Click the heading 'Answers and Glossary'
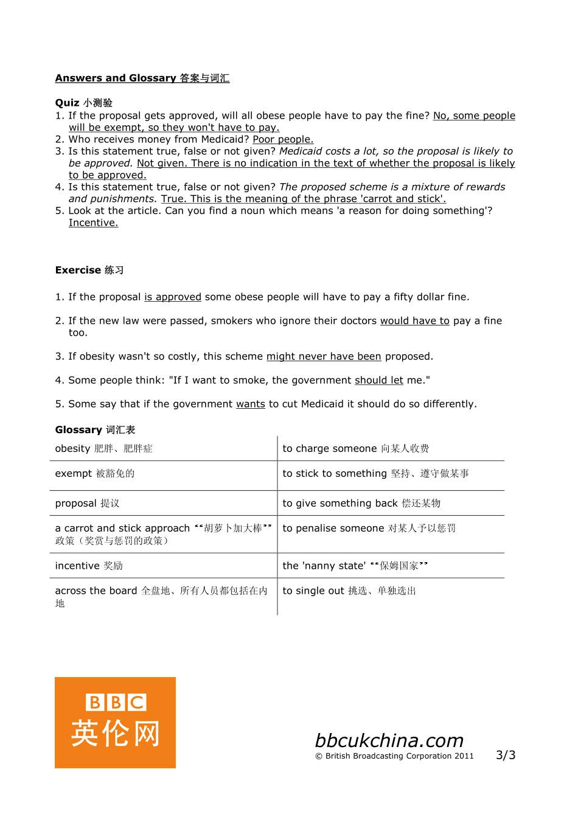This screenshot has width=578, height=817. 142,78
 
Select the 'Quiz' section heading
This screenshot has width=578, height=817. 83,103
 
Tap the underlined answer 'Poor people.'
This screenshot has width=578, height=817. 283,139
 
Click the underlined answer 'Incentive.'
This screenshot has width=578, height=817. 93,223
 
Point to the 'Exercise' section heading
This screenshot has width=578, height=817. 89,270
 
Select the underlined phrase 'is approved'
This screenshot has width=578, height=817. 172,297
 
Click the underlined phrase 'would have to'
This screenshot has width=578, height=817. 414,321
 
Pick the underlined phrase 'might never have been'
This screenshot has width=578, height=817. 324,356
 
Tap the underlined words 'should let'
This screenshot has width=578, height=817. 378,380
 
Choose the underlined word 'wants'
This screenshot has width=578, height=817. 250,404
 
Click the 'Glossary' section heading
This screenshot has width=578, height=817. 95,429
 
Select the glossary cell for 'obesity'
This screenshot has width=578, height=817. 103,448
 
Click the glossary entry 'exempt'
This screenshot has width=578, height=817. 94,473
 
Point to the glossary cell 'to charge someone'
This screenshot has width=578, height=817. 355,448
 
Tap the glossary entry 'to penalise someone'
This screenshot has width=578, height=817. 369,528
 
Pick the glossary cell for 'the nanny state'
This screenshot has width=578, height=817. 355,566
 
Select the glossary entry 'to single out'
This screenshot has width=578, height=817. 349,591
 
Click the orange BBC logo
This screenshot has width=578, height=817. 115,722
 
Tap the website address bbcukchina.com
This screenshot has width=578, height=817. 389,740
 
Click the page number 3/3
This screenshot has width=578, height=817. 505,755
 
